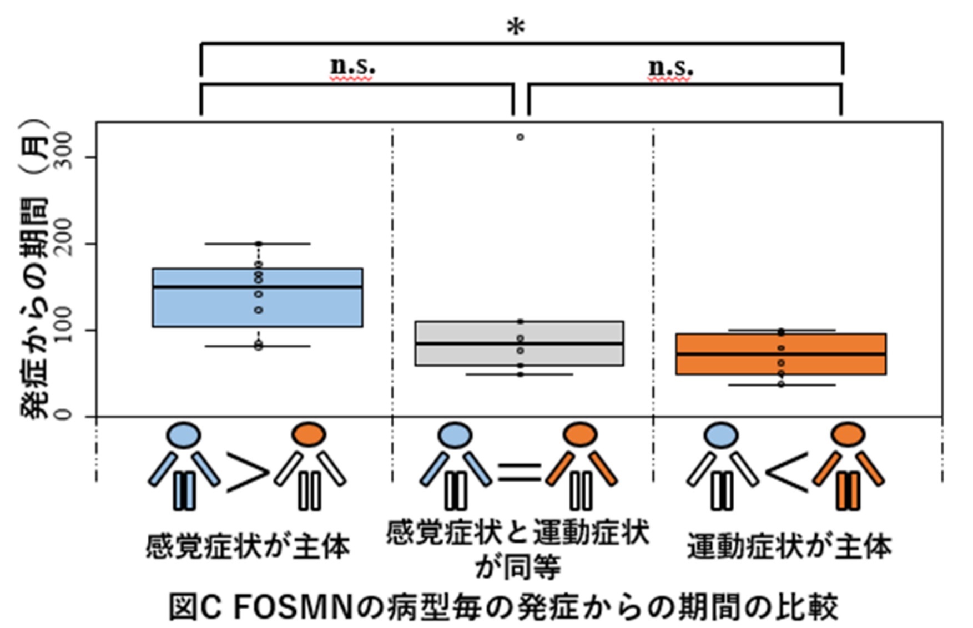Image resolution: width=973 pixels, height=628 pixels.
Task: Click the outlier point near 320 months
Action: coord(520,137)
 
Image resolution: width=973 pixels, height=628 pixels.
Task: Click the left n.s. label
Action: coord(352,67)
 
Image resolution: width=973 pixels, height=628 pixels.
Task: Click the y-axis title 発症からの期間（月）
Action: coord(34,269)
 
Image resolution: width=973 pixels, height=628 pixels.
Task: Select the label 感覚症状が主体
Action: coord(248,546)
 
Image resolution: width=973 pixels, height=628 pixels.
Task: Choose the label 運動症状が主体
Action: coord(789,546)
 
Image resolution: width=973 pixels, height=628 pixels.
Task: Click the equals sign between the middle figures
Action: coord(519,472)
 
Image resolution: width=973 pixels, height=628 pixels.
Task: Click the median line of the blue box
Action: coord(258,287)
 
